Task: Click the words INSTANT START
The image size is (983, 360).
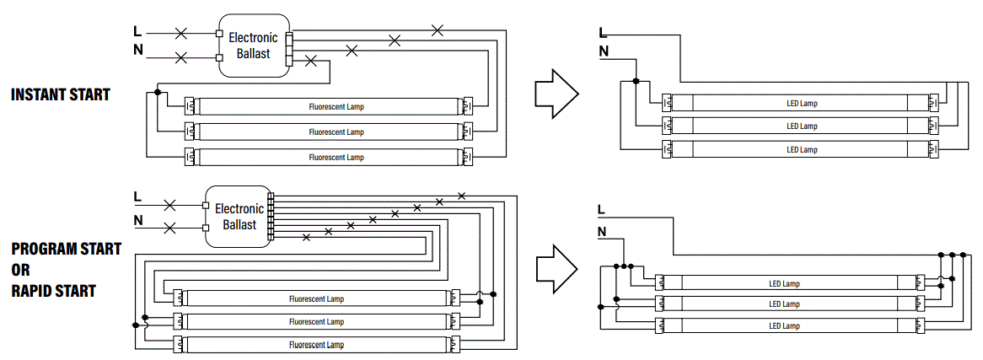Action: [x=60, y=94]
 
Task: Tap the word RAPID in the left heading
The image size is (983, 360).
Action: [x=32, y=291]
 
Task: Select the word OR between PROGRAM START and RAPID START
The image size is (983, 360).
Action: [x=20, y=270]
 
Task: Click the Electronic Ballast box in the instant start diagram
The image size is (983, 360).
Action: [x=253, y=46]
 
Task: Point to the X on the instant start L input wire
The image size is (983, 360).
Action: [x=180, y=34]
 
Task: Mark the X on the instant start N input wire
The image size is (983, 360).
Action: [x=180, y=58]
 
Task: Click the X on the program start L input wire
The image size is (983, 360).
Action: [x=169, y=205]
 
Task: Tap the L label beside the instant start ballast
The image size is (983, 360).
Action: [x=137, y=31]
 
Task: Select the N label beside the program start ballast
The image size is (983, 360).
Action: [x=137, y=222]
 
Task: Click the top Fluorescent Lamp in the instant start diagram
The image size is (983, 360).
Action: [x=336, y=107]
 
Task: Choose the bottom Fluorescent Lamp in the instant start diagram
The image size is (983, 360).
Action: [x=336, y=158]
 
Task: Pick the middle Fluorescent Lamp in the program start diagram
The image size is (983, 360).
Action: [x=316, y=321]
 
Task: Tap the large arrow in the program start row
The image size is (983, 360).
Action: [x=556, y=268]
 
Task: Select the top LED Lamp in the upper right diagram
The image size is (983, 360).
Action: [x=801, y=103]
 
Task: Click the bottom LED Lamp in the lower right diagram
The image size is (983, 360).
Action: [x=783, y=325]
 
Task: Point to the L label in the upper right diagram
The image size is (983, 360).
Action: [x=602, y=32]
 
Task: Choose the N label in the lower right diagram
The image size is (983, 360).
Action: [x=602, y=232]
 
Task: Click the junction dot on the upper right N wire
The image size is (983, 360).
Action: [x=637, y=81]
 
